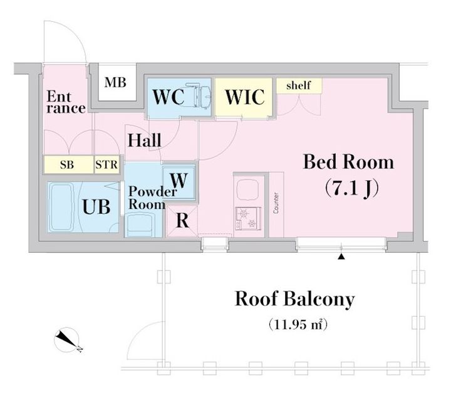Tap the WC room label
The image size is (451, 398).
(x=167, y=98)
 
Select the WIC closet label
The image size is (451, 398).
(x=244, y=98)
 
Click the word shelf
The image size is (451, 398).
(x=298, y=86)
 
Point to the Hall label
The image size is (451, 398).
(x=144, y=140)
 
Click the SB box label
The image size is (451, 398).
(x=66, y=165)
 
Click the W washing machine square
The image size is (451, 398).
(x=179, y=180)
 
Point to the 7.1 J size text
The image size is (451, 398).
(x=350, y=187)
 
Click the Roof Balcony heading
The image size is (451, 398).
(x=294, y=299)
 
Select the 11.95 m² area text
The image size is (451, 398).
(x=299, y=325)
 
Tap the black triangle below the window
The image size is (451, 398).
(x=341, y=256)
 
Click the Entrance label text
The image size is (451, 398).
(x=66, y=102)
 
